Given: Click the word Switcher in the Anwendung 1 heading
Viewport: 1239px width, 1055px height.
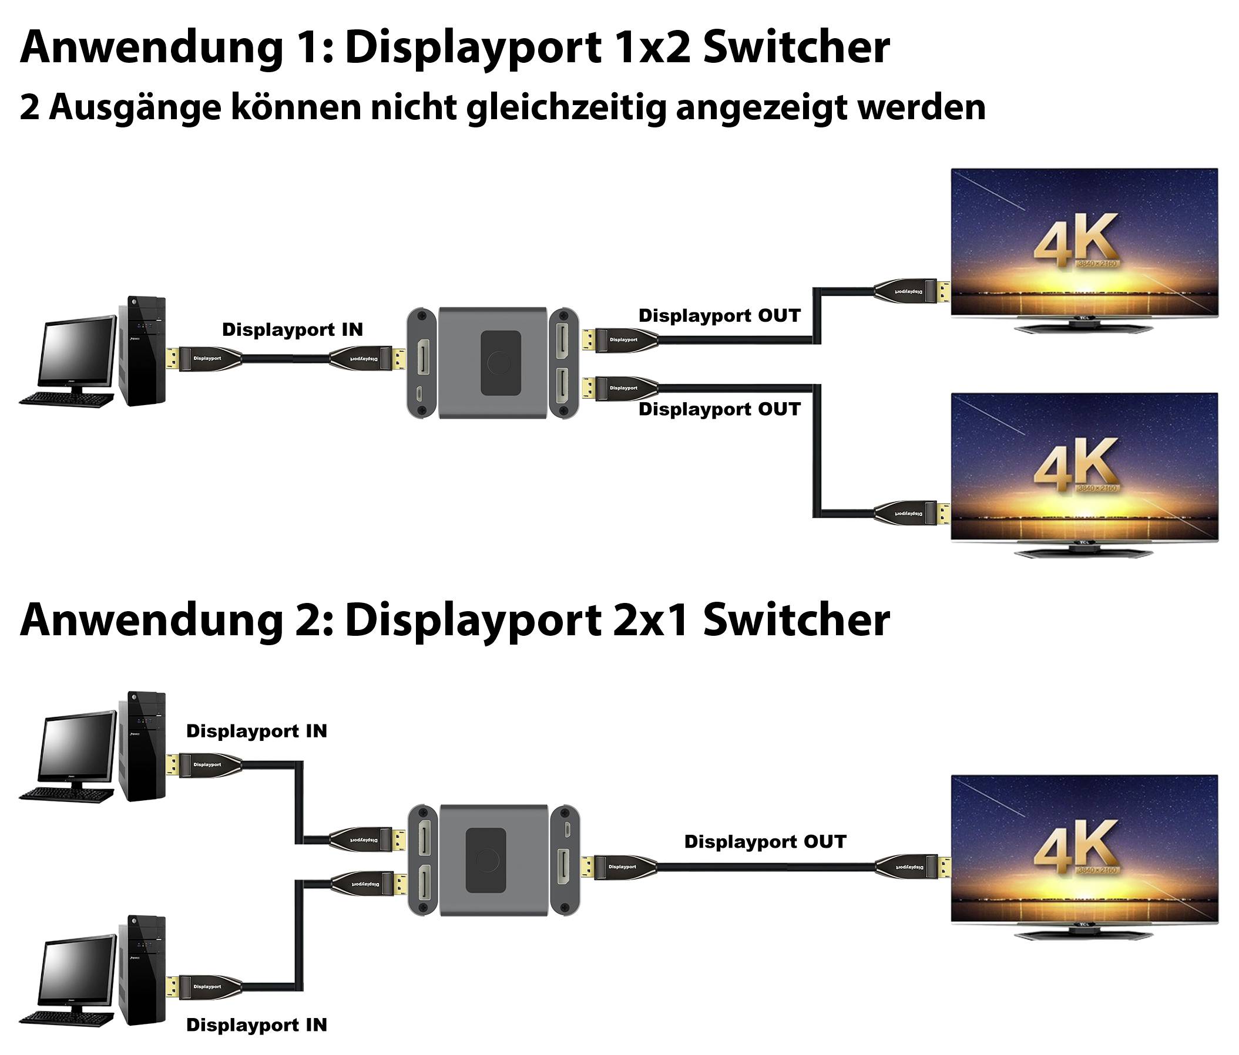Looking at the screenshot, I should (796, 48).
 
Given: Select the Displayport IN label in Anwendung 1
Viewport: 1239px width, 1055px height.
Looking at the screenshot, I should (293, 329).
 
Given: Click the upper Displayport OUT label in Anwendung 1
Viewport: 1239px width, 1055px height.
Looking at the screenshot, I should (719, 316).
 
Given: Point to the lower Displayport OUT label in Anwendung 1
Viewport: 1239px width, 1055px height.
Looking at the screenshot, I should (719, 409).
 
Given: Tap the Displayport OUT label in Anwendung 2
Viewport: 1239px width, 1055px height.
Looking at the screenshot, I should (765, 842).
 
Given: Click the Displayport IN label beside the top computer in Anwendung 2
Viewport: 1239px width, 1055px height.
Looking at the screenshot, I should (257, 731).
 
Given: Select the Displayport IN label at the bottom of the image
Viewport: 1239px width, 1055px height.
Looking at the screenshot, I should (257, 1025).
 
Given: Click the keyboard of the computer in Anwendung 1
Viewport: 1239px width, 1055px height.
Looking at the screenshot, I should (66, 399).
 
